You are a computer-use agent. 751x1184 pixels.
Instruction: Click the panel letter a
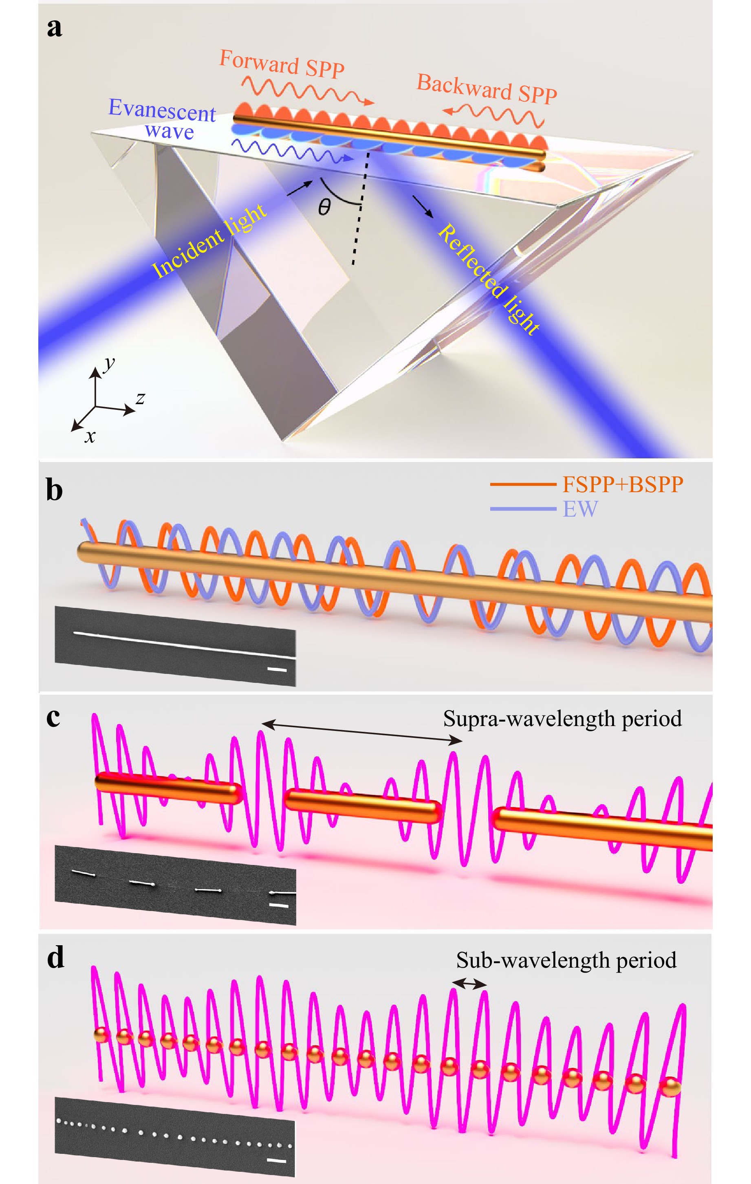click(55, 28)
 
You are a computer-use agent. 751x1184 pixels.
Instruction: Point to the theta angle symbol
click(324, 207)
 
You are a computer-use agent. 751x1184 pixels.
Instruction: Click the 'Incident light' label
click(209, 241)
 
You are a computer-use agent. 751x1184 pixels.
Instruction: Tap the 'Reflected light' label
click(488, 279)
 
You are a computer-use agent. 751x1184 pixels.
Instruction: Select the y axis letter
click(109, 363)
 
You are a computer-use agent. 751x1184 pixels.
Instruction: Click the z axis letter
click(140, 398)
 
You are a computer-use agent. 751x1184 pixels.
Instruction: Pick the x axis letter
click(90, 436)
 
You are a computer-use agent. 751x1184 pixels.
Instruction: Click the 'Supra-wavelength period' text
click(562, 718)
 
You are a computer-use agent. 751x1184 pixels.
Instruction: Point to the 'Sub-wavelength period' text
click(566, 960)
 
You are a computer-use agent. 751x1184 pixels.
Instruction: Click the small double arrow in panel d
click(469, 983)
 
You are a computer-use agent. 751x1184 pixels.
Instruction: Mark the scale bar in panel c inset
click(279, 905)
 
